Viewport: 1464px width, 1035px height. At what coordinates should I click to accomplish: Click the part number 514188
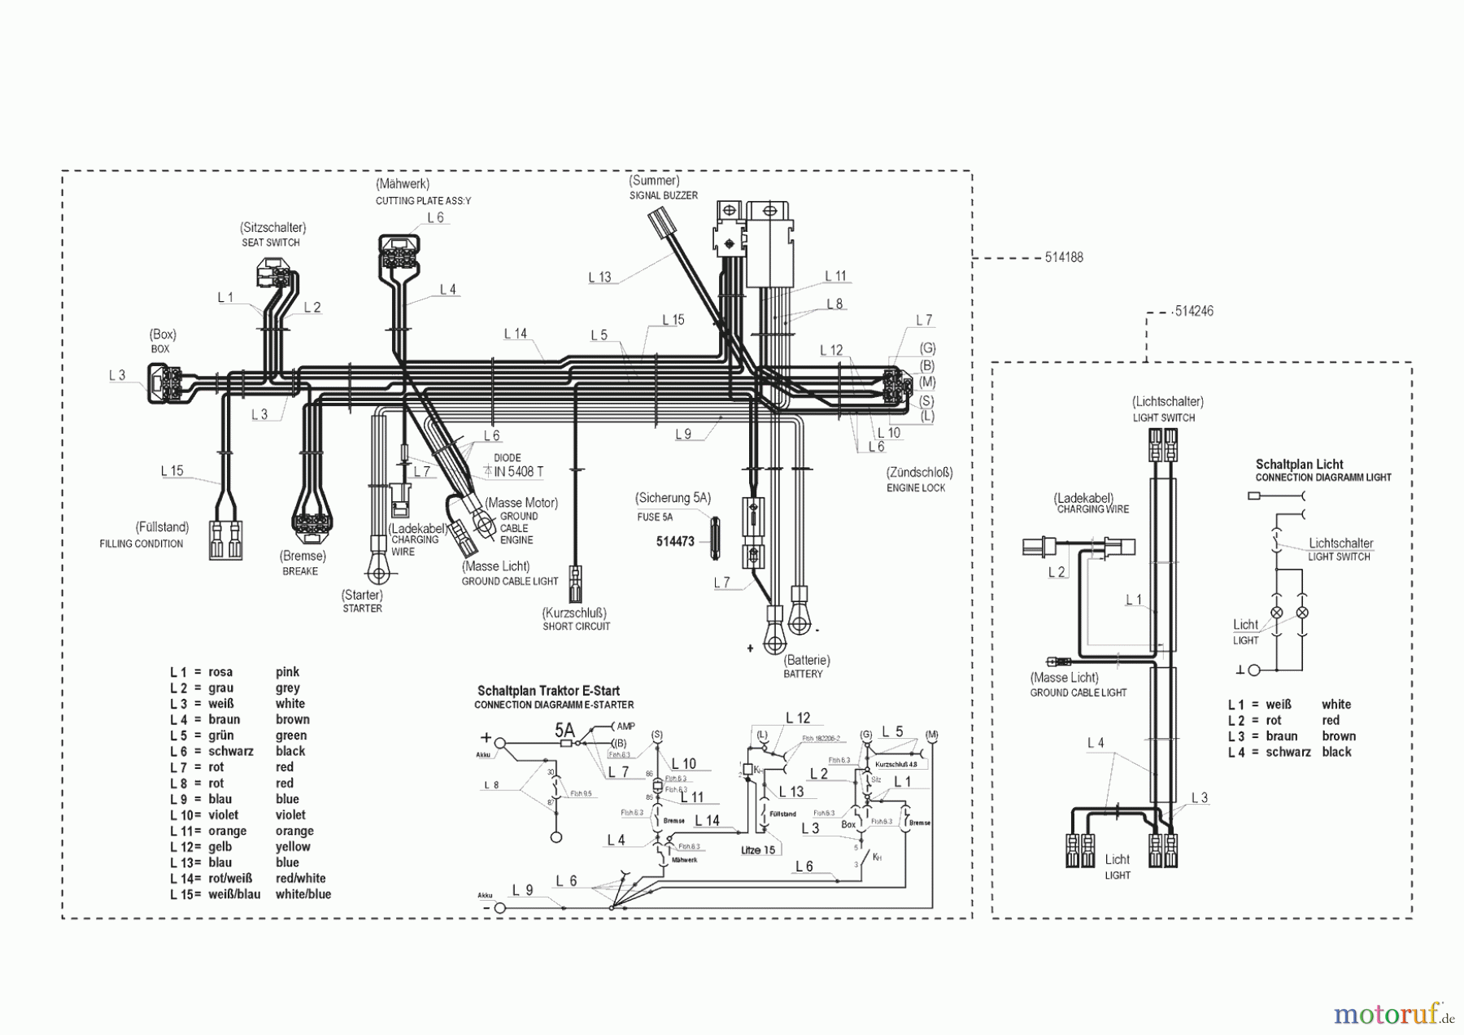coord(1064,258)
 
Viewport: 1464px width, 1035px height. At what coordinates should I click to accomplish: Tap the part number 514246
coord(1193,312)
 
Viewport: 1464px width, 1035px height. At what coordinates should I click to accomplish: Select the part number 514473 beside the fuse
coord(675,541)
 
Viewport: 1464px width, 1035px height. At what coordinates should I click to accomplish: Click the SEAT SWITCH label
coord(271,242)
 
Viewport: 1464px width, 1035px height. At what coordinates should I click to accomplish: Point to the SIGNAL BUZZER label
coord(663,195)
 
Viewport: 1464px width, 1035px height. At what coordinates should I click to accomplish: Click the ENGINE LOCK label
coord(916,488)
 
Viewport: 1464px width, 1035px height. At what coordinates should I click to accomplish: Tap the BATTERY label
coord(803,674)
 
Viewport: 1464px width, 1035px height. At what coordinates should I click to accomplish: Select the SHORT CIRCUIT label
coord(576,627)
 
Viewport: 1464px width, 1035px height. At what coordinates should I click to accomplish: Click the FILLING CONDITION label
coord(142,544)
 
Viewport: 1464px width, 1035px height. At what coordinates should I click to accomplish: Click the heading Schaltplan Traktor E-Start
coord(548,691)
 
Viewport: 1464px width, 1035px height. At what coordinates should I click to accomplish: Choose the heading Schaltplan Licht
coord(1299,465)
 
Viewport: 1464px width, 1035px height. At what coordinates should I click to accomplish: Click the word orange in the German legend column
coord(227,831)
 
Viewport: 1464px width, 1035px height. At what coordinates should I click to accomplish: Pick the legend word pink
coord(287,672)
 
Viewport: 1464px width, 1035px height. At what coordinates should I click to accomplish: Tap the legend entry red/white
coord(300,878)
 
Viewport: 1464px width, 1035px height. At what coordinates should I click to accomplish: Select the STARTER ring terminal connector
coord(377,573)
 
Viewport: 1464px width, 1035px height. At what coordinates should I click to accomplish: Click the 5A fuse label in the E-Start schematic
coord(564,730)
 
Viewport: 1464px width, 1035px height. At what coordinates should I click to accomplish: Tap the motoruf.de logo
coord(1393,1014)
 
